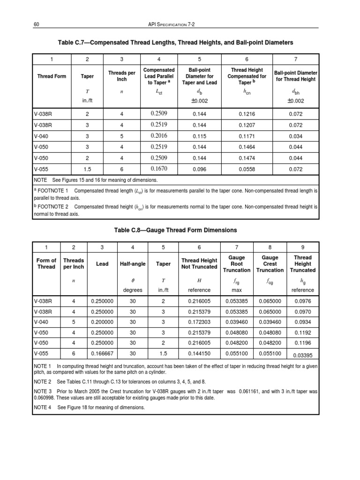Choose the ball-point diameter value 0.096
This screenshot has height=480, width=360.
(x=200, y=168)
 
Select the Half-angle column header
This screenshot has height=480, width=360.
(x=133, y=264)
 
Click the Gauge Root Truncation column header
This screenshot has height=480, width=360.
(x=237, y=264)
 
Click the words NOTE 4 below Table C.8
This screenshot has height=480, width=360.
(x=44, y=407)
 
